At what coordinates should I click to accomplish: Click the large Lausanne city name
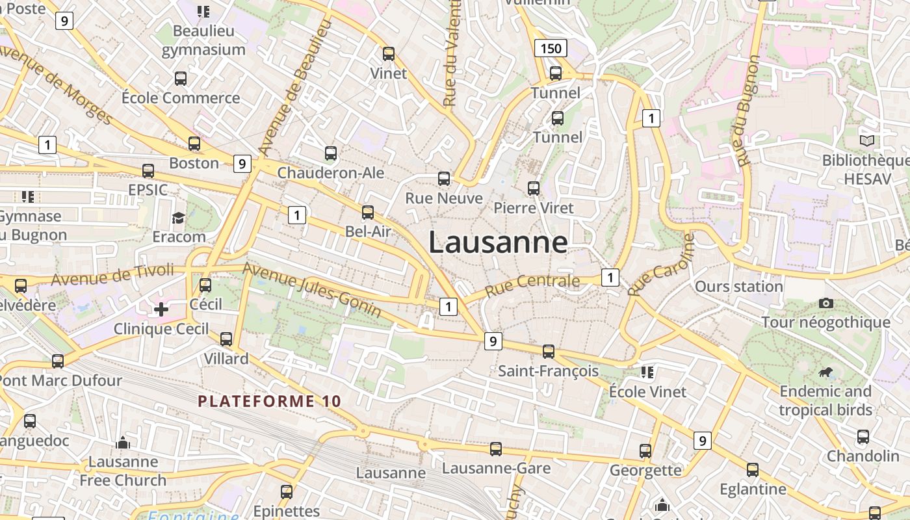click(x=498, y=242)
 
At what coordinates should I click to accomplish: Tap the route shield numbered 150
click(x=551, y=48)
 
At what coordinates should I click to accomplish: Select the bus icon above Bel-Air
click(x=368, y=213)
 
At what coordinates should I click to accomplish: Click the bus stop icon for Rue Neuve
click(x=444, y=179)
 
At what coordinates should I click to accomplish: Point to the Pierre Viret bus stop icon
click(x=534, y=188)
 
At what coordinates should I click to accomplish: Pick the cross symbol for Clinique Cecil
click(x=161, y=309)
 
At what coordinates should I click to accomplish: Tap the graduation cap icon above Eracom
click(x=178, y=218)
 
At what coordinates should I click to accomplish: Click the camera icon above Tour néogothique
click(x=826, y=303)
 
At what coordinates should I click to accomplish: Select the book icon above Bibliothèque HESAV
click(x=867, y=140)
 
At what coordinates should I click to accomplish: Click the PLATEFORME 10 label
click(x=269, y=401)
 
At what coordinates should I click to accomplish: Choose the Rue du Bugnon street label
click(x=745, y=110)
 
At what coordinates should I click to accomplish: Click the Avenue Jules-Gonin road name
click(x=312, y=290)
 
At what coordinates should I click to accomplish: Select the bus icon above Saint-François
click(x=549, y=352)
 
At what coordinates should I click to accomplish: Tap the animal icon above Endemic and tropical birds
click(x=826, y=372)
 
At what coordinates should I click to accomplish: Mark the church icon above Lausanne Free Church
click(x=123, y=443)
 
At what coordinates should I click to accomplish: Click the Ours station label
click(x=738, y=287)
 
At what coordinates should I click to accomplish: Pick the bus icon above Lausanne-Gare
click(x=496, y=449)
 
